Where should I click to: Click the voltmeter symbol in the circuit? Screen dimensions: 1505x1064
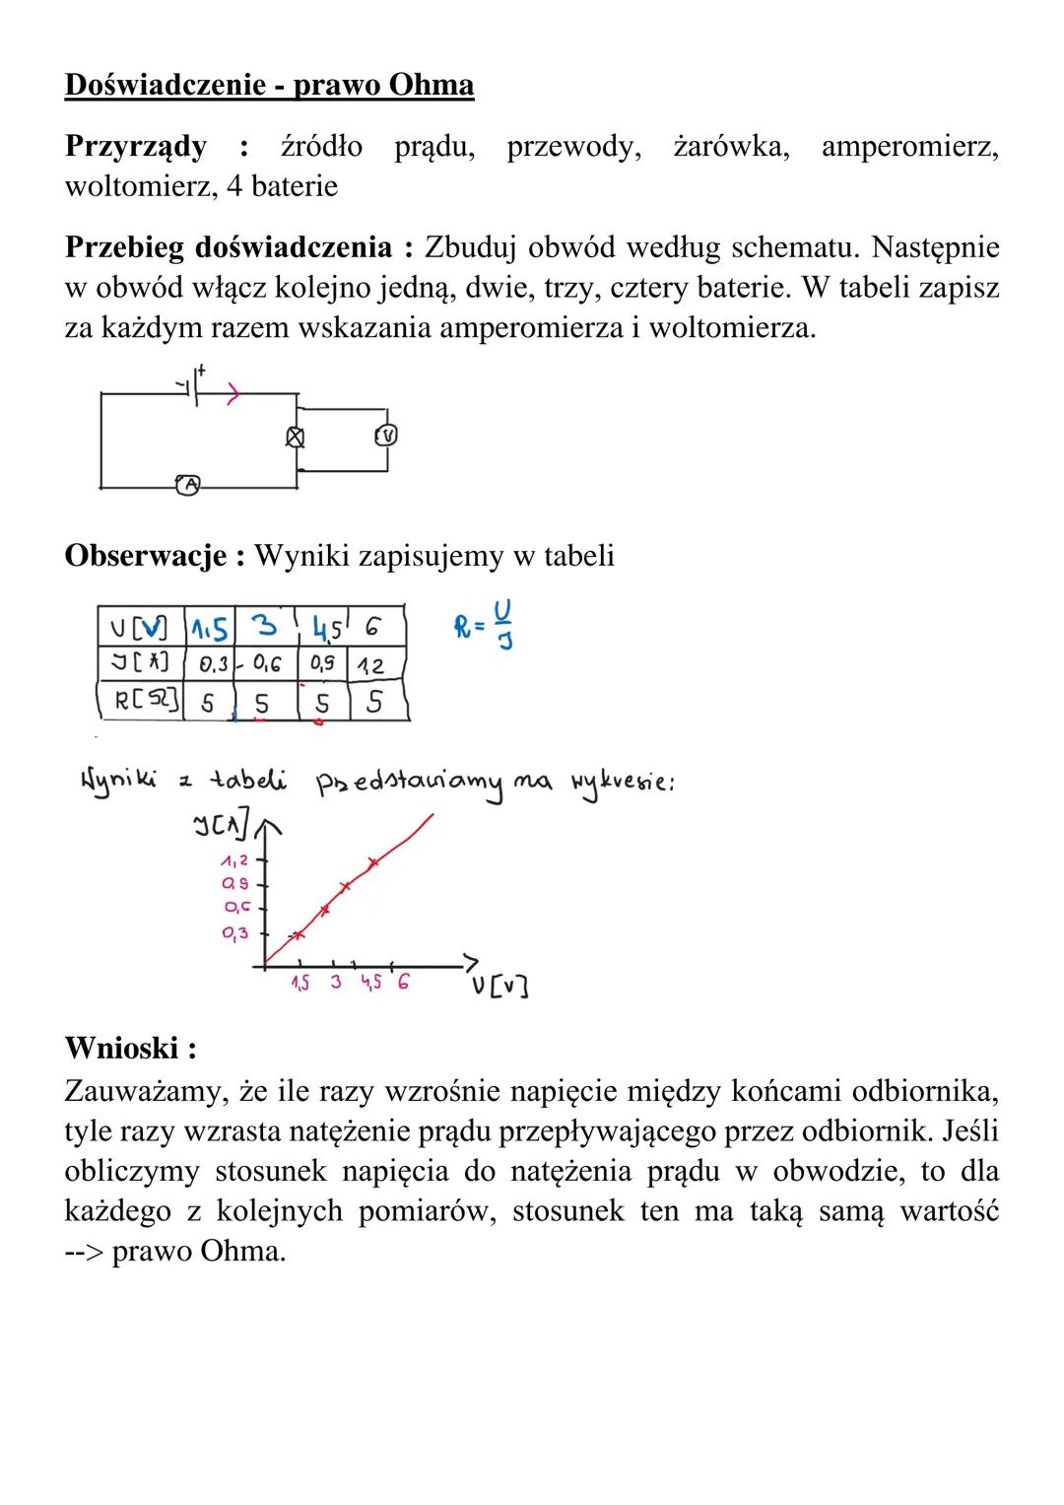click(388, 435)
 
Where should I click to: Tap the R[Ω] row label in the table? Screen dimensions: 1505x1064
click(145, 703)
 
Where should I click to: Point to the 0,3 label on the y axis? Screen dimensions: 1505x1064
click(234, 932)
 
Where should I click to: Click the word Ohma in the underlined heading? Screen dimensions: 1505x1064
click(432, 86)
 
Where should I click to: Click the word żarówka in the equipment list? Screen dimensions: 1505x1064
click(731, 147)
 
